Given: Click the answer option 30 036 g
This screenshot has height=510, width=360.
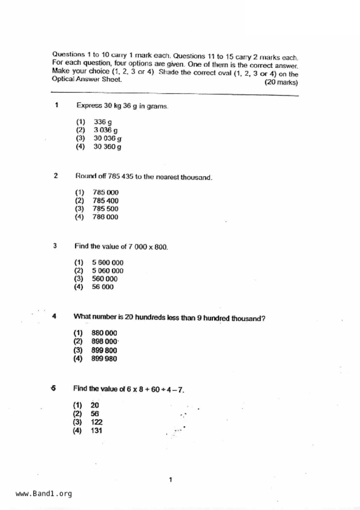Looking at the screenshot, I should (107, 138).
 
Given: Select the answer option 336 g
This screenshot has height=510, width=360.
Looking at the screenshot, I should (103, 122).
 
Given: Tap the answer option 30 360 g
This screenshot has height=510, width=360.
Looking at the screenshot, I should (107, 147).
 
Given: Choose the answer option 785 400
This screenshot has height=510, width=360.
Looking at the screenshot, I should (105, 201).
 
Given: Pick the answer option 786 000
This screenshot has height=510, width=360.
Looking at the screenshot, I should (105, 217).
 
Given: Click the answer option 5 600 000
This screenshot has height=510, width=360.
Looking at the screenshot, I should (108, 263).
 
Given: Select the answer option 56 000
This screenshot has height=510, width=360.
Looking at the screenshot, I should (103, 287).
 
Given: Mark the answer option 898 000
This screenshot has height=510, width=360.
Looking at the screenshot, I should (104, 341).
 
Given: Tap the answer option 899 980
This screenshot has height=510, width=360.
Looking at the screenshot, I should (104, 359).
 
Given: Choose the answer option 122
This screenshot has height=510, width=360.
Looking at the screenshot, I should (96, 422).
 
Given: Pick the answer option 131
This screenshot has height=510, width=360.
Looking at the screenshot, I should (96, 431).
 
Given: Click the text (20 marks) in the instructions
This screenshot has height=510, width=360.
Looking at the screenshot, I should (281, 83).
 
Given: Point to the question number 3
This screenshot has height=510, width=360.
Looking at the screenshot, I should (55, 246).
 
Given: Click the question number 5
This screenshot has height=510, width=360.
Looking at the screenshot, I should (53, 388).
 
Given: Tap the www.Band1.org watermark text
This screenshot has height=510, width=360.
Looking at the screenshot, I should (44, 494).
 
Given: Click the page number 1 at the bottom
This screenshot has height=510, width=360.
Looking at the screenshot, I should (171, 480).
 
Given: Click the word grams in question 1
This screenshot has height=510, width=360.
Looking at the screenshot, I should (157, 106).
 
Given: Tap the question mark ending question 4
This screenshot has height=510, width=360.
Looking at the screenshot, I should (263, 319).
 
